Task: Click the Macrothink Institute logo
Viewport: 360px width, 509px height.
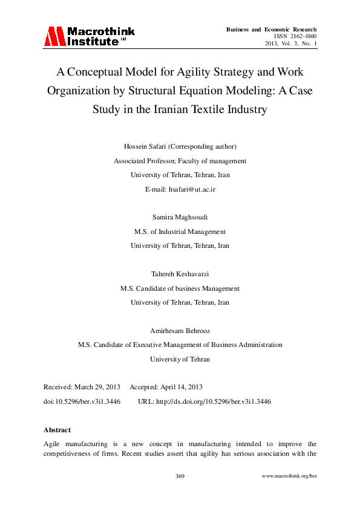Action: pos(89,36)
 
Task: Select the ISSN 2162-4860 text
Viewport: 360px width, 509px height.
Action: pos(295,36)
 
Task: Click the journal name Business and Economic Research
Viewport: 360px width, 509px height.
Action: pos(271,29)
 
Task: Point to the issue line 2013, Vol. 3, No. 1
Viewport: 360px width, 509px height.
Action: pos(291,44)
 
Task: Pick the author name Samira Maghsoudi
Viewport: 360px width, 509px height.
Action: pos(180,217)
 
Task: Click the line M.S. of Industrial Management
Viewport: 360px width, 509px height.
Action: pos(180,232)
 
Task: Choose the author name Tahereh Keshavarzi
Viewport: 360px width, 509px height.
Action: pos(180,274)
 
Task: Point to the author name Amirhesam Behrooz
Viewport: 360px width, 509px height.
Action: pos(180,331)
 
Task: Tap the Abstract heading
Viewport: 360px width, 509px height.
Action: pos(57,430)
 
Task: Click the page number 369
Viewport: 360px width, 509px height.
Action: pos(180,476)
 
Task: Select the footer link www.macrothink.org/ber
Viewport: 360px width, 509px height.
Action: pos(289,476)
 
